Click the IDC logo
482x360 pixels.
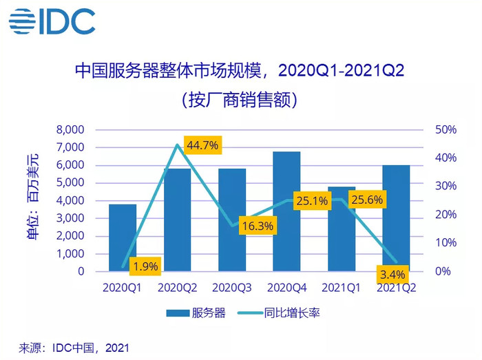click(x=52, y=22)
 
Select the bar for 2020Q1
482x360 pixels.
click(x=123, y=237)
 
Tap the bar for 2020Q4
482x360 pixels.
click(x=286, y=211)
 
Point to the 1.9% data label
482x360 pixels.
click(x=146, y=266)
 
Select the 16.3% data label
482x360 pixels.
click(x=257, y=225)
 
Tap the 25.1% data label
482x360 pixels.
click(x=311, y=202)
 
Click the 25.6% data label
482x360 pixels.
click(x=366, y=201)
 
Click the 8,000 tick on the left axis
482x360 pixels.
click(x=69, y=130)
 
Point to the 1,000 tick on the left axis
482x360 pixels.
click(x=69, y=254)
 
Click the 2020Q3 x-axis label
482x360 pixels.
click(x=232, y=287)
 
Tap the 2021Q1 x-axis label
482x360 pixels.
click(x=342, y=287)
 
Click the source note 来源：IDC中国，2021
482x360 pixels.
click(x=74, y=348)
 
